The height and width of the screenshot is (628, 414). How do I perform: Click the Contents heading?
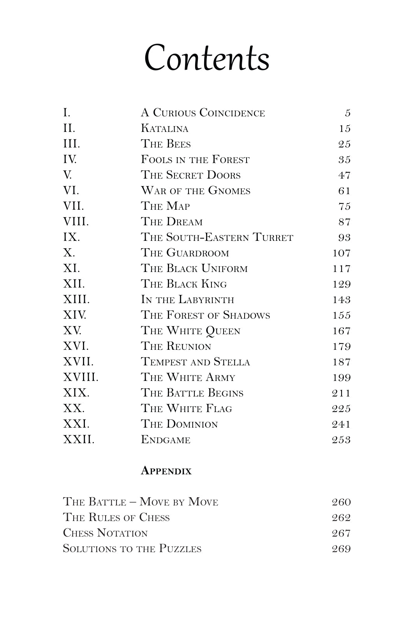[207, 58]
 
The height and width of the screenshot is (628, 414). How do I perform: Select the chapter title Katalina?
[164, 128]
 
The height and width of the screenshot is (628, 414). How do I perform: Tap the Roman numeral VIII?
[76, 222]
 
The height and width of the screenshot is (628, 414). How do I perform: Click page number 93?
[344, 237]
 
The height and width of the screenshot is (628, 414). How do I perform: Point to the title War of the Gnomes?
[196, 191]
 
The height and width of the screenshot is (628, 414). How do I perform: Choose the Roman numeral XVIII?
[81, 377]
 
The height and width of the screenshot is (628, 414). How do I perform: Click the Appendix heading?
[166, 471]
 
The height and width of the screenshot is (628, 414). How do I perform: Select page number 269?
[341, 549]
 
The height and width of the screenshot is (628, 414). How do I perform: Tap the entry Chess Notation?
[106, 533]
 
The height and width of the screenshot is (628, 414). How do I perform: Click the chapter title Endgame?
[166, 440]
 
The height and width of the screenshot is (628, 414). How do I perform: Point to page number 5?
[348, 113]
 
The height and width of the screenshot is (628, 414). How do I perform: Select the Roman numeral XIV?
[74, 315]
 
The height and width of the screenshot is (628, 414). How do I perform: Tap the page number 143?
[342, 300]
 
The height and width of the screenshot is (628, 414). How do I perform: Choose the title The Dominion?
[179, 424]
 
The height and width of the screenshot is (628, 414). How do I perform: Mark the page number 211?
[341, 393]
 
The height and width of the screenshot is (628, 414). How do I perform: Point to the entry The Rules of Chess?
[116, 517]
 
